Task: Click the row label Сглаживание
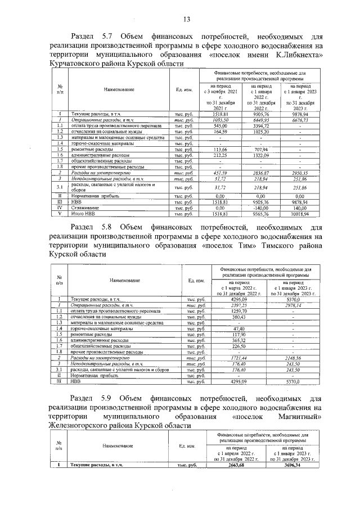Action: click(82, 208)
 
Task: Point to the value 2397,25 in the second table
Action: click(239, 304)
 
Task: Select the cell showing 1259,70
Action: click(239, 310)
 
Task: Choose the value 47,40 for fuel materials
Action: click(239, 328)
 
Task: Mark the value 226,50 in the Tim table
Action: click(239, 346)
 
